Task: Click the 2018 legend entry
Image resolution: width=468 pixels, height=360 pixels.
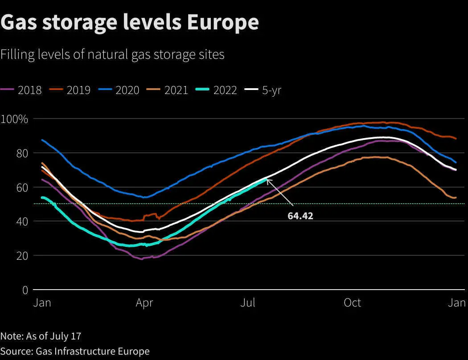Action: point(21,90)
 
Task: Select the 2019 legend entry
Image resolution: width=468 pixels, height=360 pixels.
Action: point(70,90)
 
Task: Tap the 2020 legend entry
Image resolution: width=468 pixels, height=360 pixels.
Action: point(119,90)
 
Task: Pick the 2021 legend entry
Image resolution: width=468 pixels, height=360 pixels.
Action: point(168,90)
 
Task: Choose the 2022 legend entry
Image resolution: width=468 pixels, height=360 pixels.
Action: point(216,90)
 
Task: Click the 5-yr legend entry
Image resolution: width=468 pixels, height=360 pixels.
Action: point(263,90)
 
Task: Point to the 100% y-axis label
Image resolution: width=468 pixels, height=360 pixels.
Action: point(14,119)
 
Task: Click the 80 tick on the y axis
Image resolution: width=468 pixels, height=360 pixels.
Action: point(22,153)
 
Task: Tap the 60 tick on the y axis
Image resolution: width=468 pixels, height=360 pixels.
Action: point(22,188)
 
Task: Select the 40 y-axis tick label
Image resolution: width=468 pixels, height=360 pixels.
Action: point(22,221)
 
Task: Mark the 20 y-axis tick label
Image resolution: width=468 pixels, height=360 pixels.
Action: point(22,256)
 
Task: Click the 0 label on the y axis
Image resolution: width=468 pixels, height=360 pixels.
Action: point(25,290)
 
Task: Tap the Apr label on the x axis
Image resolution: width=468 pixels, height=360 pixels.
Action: point(144,303)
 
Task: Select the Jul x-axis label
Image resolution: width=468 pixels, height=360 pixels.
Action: point(248,303)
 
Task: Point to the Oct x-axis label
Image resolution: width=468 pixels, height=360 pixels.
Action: point(353,303)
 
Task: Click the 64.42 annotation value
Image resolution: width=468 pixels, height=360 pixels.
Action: point(300,216)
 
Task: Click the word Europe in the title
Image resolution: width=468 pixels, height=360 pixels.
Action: point(223,22)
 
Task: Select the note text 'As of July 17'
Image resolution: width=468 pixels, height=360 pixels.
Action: point(54,336)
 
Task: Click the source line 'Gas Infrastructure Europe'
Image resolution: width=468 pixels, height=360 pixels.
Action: point(93,352)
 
